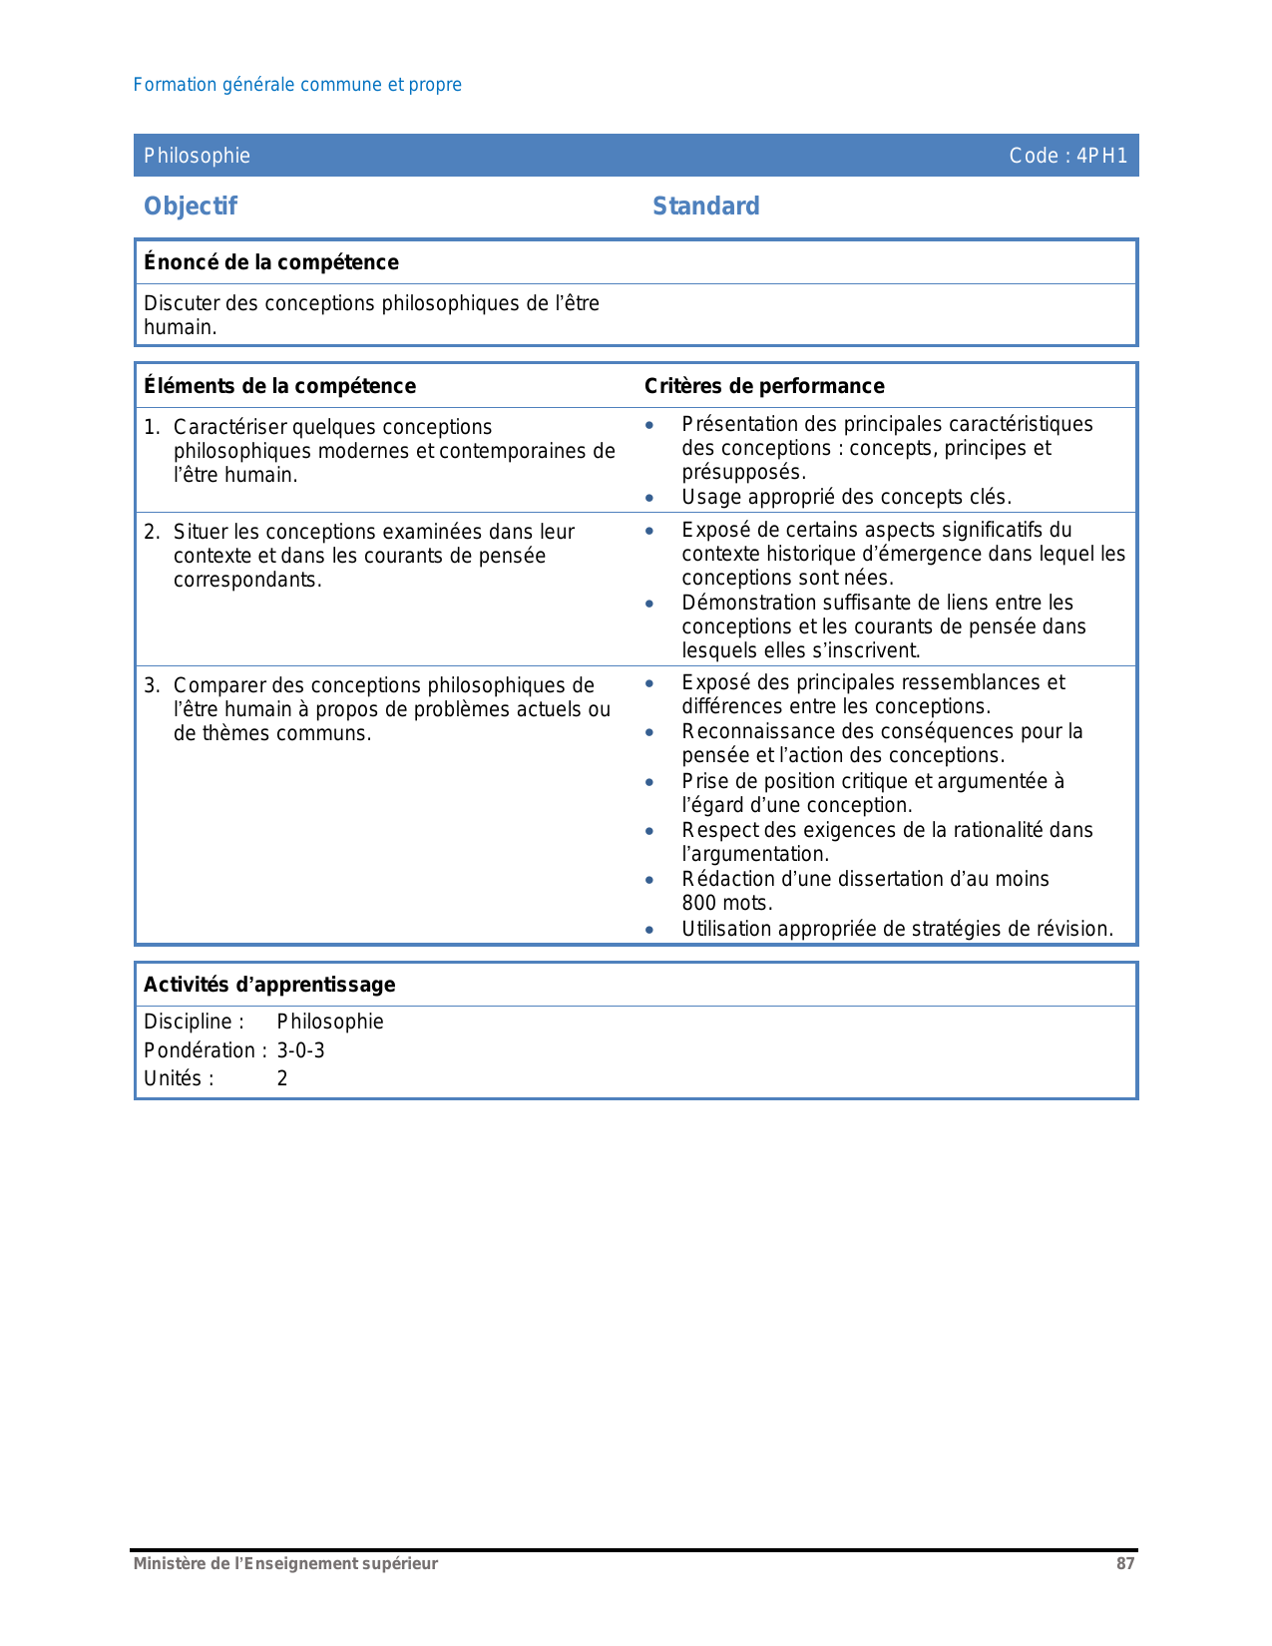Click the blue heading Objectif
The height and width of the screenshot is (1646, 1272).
[x=191, y=206]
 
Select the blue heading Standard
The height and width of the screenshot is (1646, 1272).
[x=705, y=206]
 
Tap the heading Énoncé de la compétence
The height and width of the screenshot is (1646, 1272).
[x=271, y=262]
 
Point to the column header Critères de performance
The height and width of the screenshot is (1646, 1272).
[x=764, y=386]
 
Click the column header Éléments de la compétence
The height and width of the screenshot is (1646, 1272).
[x=279, y=386]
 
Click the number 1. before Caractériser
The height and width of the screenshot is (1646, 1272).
[x=152, y=427]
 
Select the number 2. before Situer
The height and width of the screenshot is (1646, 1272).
[x=152, y=532]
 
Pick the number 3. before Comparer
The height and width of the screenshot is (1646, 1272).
[x=152, y=685]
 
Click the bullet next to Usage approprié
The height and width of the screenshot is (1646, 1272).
[x=649, y=498]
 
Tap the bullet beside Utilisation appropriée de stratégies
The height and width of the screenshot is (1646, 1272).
[x=649, y=930]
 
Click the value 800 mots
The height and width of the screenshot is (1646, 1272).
[x=727, y=904]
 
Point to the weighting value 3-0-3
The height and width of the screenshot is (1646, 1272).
[x=300, y=1050]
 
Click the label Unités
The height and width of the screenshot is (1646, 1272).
[x=179, y=1078]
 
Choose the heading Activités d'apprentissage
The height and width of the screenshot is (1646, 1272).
[x=269, y=985]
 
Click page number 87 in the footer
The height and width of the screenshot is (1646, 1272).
[x=1125, y=1564]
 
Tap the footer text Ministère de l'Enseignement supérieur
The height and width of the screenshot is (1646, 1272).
[x=285, y=1564]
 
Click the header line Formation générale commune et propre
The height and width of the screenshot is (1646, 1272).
[x=297, y=85]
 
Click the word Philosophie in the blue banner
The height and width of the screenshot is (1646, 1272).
[x=197, y=156]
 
